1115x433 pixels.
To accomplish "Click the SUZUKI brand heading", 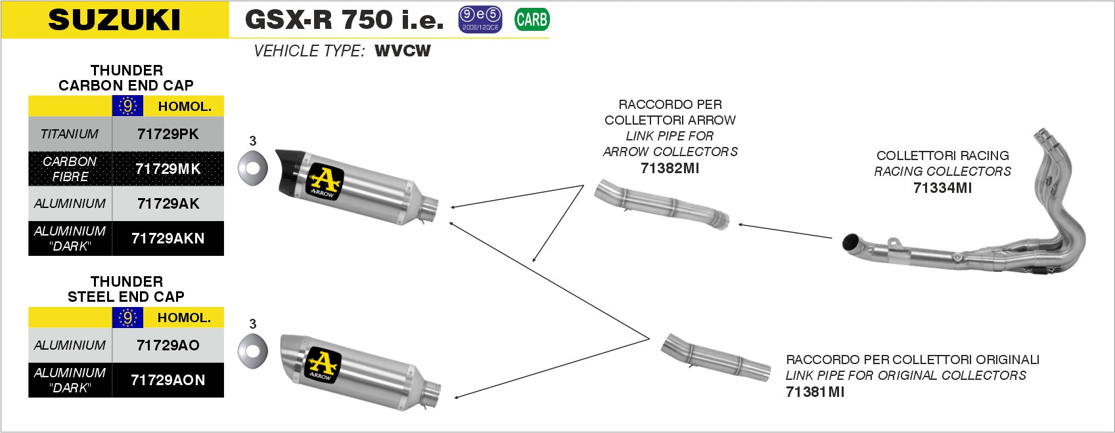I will tap(114, 20).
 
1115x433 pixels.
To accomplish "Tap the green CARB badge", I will tap(532, 20).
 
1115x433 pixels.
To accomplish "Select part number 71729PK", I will tap(168, 134).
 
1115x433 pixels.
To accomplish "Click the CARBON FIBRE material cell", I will tap(70, 169).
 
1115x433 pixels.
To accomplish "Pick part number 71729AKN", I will tap(168, 238).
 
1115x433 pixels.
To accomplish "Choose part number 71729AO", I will tap(168, 345).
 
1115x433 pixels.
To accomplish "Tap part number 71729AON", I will tap(168, 380).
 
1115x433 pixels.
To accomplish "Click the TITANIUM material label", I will tap(70, 134).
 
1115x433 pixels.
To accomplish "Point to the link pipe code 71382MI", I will tap(670, 168).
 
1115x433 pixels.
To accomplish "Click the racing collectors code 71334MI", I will tap(942, 188).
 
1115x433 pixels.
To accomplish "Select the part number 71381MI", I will tap(815, 392).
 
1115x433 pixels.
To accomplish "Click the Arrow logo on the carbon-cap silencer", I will tap(323, 180).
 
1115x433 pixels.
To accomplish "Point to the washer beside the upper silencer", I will tap(252, 167).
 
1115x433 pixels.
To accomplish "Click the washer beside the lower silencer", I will tap(252, 349).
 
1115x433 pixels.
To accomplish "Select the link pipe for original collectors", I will tap(716, 358).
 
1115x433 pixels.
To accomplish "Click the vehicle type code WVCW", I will tap(402, 51).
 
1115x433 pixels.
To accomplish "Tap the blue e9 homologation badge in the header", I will tap(480, 20).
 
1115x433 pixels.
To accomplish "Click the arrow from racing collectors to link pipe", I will tap(785, 231).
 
